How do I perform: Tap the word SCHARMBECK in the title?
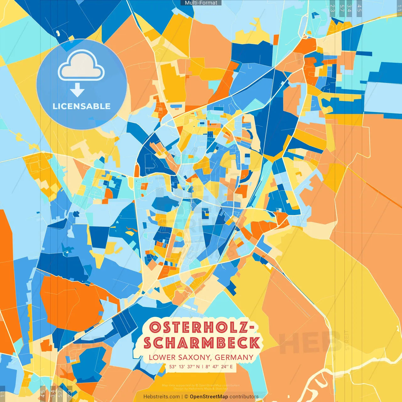tap(202, 343)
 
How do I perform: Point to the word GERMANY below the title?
tap(234, 357)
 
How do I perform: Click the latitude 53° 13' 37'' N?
tap(184, 367)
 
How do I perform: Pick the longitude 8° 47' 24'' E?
tap(219, 367)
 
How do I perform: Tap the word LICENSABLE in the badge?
tap(82, 106)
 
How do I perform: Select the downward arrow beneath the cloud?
tap(77, 90)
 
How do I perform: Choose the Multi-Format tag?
tap(201, 3)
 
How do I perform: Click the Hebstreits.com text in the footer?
tap(161, 397)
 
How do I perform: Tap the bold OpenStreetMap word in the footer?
tap(209, 397)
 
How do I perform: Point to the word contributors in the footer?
tap(244, 397)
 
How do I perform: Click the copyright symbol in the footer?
tap(186, 397)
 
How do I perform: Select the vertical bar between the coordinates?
tap(203, 367)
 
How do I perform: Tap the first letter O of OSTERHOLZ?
tap(155, 328)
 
